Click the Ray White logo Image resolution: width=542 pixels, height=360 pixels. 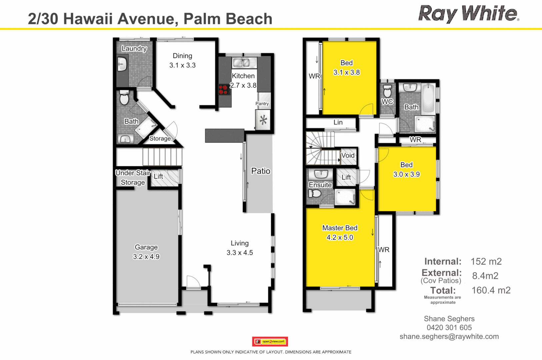[x=468, y=14]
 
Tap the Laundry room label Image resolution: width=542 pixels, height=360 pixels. [x=134, y=49]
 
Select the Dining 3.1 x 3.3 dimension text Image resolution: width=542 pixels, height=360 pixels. [x=182, y=65]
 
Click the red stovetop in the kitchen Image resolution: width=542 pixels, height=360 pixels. [x=223, y=90]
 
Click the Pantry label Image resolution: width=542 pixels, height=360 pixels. [x=262, y=104]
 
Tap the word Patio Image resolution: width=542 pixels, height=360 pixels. [x=261, y=171]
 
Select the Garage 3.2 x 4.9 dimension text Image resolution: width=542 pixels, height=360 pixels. [x=146, y=257]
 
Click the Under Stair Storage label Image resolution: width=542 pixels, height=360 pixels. [x=133, y=177]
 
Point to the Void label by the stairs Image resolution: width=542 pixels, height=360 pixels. [x=348, y=155]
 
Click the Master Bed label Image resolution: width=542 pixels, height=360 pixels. [x=340, y=228]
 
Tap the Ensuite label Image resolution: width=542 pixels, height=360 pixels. [x=320, y=185]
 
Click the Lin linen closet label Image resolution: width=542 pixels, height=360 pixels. [x=338, y=122]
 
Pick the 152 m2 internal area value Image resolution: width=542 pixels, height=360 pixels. [x=486, y=262]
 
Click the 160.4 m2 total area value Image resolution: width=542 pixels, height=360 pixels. [x=491, y=290]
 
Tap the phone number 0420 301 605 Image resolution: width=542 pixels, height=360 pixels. [x=449, y=328]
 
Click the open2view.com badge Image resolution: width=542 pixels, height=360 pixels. [x=270, y=341]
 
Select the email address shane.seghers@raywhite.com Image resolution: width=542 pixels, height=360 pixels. [x=449, y=337]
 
